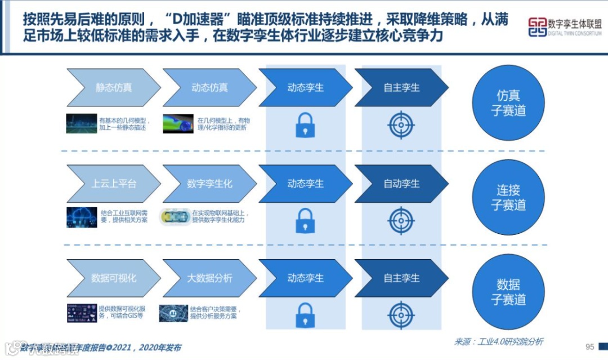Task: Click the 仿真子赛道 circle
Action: click(508, 103)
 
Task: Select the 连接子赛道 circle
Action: click(508, 197)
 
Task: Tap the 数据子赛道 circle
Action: click(508, 292)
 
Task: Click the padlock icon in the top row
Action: click(305, 126)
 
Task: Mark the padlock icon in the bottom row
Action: click(305, 315)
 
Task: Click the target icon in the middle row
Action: click(401, 220)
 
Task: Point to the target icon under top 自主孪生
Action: click(401, 125)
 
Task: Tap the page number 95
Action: click(590, 346)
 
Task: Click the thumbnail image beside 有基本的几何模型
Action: click(81, 123)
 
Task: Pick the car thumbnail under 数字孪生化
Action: click(174, 217)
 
